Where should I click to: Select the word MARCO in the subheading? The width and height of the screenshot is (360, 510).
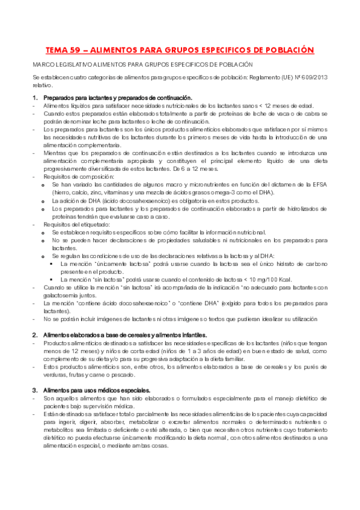tap(44, 64)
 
